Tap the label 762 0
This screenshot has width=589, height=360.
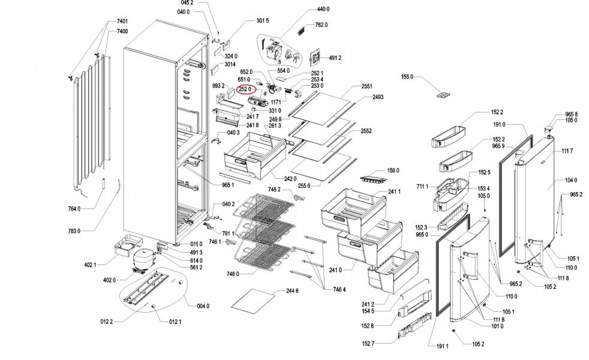[321, 25]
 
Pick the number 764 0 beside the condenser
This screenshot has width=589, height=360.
[74, 208]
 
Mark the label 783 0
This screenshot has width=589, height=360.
[74, 230]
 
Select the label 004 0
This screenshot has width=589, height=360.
[203, 306]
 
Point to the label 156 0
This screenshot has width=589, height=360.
[393, 170]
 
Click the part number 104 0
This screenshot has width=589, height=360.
[570, 180]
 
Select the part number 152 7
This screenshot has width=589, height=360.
[368, 343]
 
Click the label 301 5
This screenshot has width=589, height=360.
[262, 21]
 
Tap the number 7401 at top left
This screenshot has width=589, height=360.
[122, 22]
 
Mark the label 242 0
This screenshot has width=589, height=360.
[290, 178]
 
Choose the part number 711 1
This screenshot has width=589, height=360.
[422, 187]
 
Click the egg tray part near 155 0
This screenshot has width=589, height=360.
[446, 95]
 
